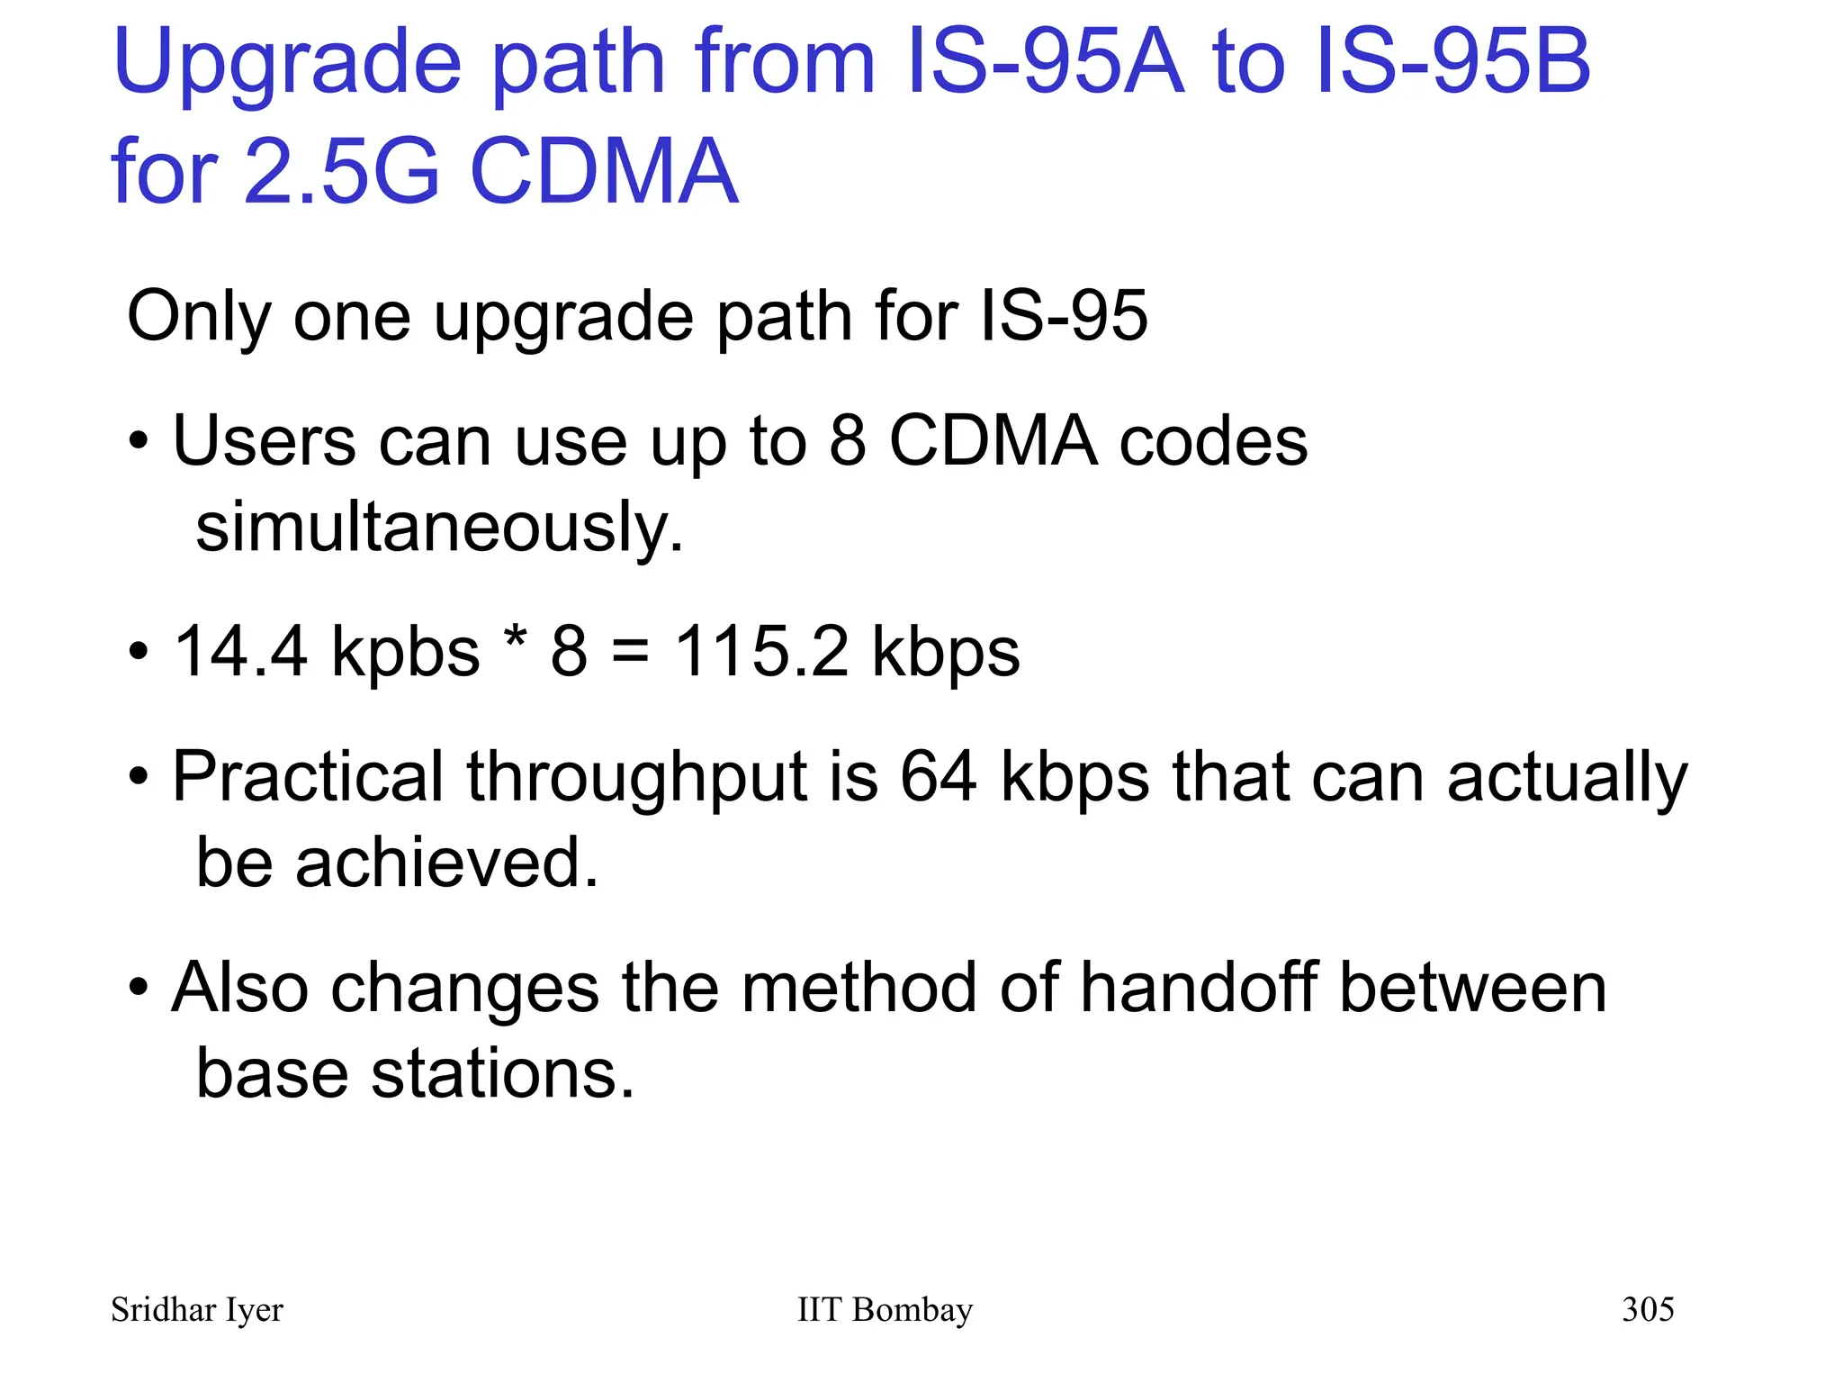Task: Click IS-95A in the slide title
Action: coord(1045,61)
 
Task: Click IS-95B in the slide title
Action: coord(1452,61)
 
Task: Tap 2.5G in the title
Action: coord(342,171)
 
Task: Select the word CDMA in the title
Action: coord(604,171)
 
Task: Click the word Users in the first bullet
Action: coord(264,441)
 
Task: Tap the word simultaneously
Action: coord(439,528)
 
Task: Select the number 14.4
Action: coord(240,651)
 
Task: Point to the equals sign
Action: coord(630,652)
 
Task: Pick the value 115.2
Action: coord(761,651)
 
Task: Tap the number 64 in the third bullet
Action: coord(939,776)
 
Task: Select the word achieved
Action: coord(446,863)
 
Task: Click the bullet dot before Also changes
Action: coord(138,988)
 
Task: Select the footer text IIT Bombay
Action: coord(885,1310)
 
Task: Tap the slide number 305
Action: coord(1648,1309)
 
